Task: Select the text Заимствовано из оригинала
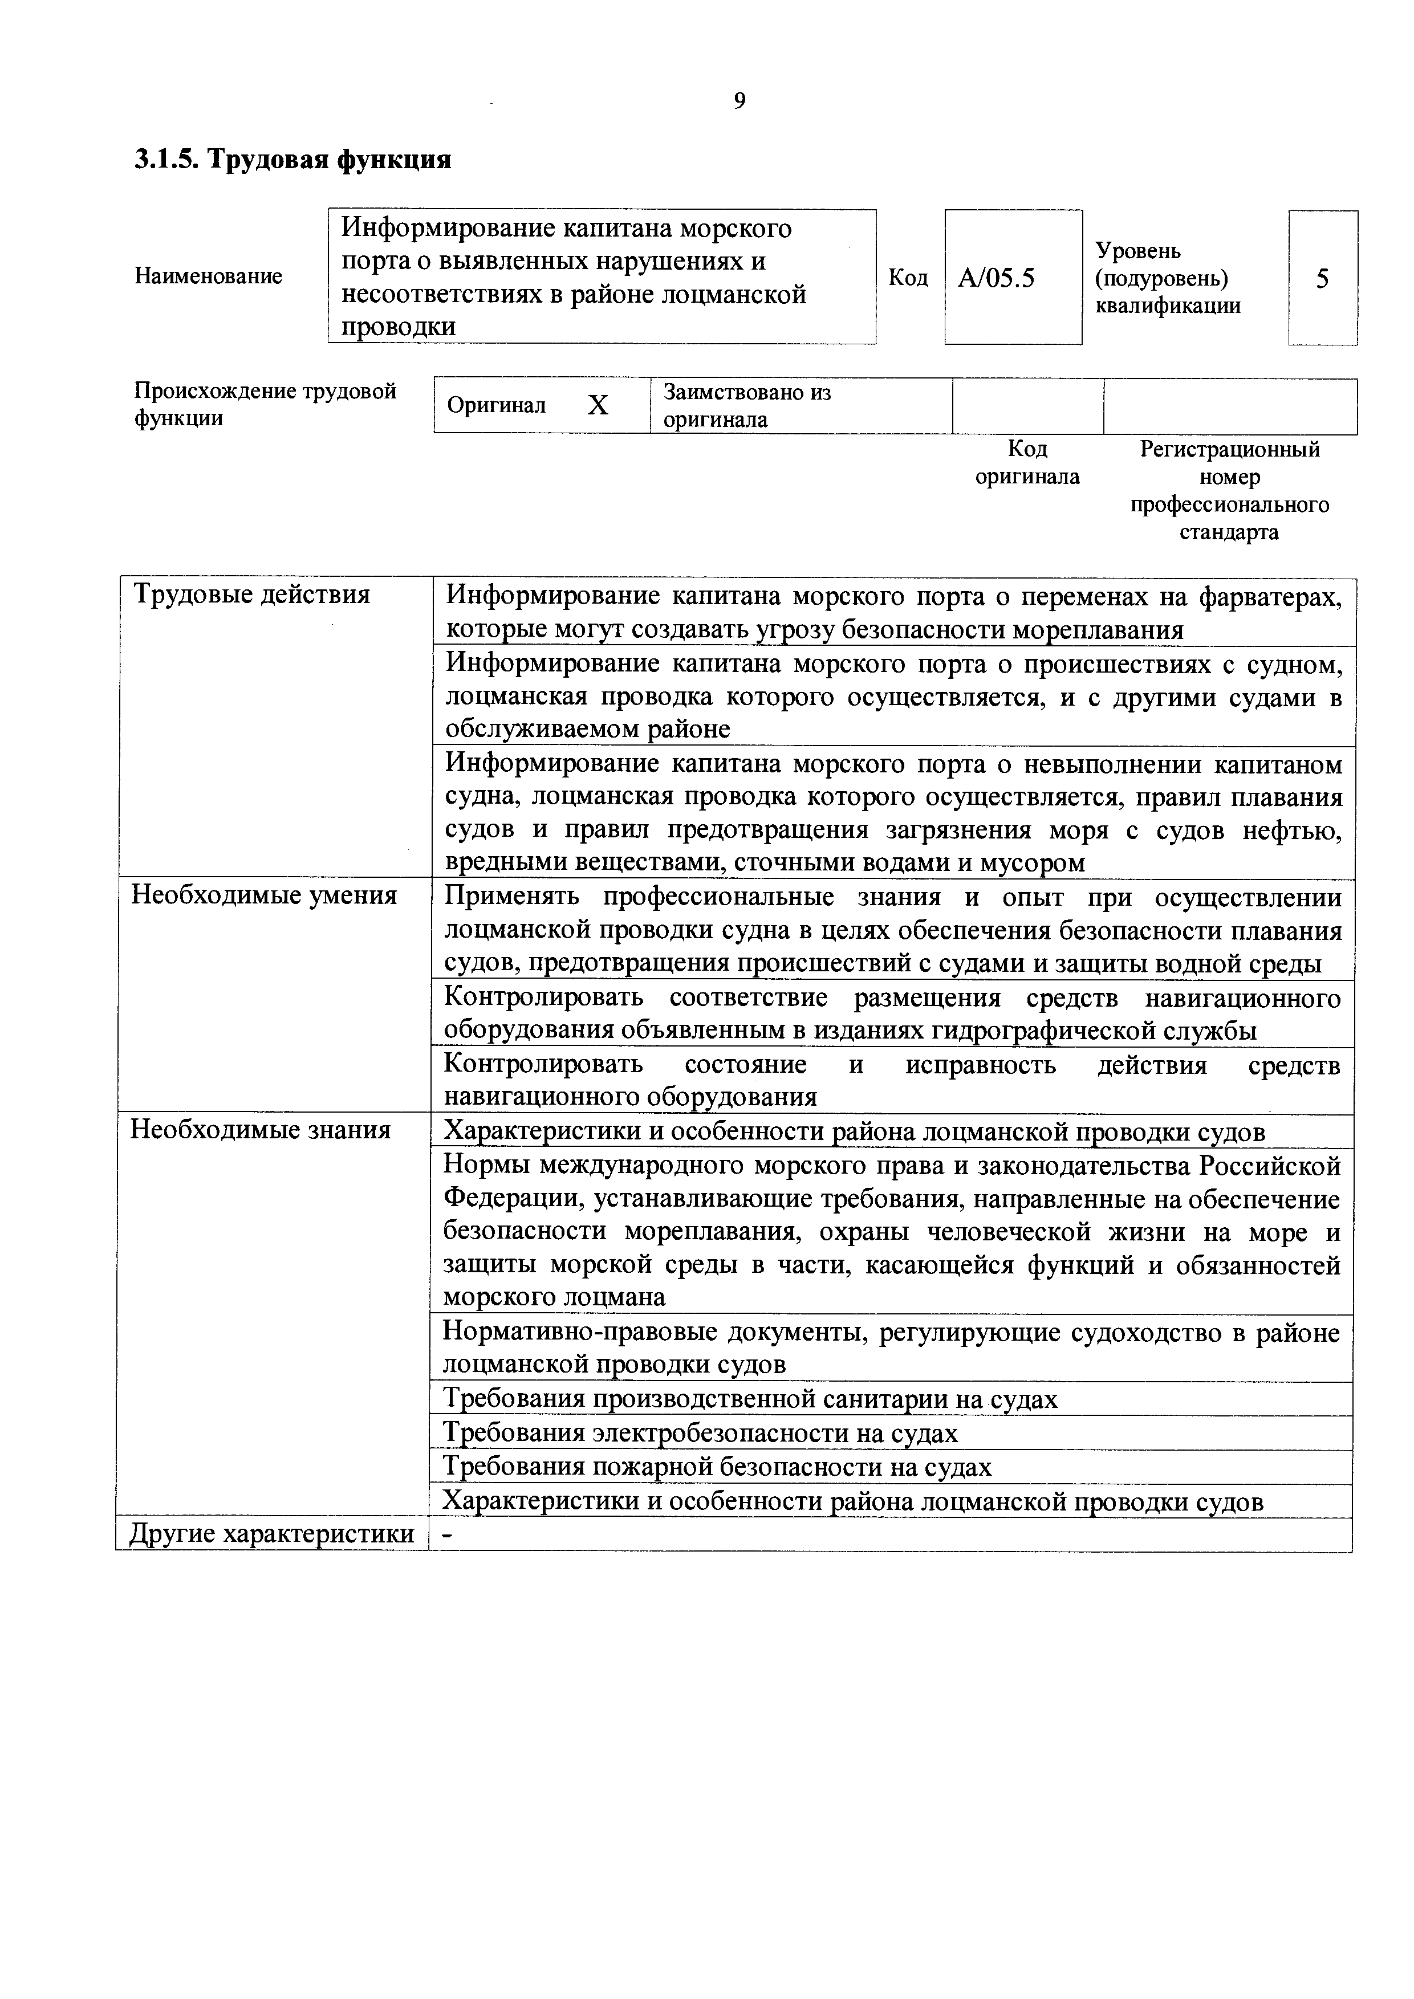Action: [x=746, y=406]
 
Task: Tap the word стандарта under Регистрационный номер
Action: [x=1229, y=532]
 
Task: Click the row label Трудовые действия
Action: [x=251, y=595]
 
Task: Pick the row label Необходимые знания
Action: [x=261, y=1130]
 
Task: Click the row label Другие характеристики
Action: [x=271, y=1533]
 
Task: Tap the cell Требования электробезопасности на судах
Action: [x=700, y=1432]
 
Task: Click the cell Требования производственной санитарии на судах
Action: [x=750, y=1398]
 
